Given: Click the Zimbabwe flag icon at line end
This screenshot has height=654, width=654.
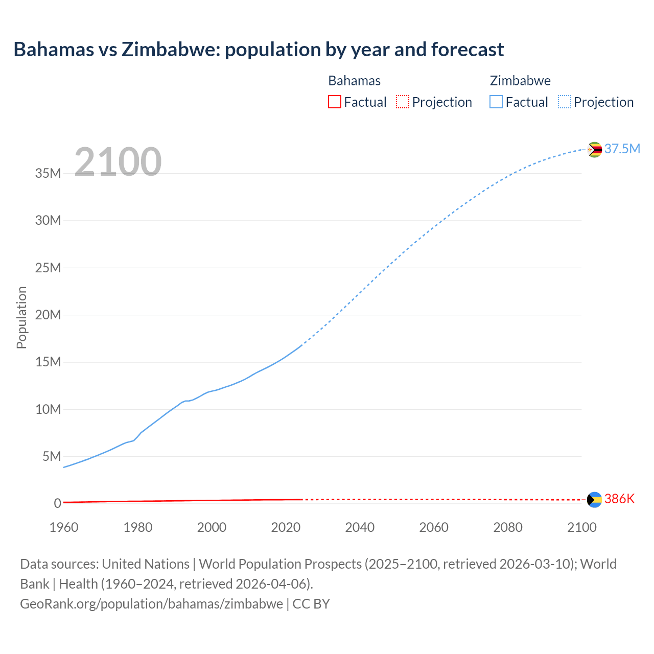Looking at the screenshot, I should point(594,150).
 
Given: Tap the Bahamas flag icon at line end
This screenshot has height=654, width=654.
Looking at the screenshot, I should point(594,500).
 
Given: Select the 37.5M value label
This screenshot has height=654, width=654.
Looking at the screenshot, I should point(622,149).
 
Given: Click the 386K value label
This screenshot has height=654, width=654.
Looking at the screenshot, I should point(619,499).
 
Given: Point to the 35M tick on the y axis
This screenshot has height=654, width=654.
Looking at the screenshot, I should point(48,173).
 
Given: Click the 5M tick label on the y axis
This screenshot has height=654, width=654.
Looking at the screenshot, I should point(52,456).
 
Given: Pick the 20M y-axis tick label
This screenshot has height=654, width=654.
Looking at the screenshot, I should point(48,315).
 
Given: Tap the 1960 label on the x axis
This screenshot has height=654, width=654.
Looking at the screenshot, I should point(64,527).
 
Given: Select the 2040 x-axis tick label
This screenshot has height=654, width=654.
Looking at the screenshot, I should point(360,527).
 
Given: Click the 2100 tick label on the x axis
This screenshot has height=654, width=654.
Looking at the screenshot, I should point(581,527).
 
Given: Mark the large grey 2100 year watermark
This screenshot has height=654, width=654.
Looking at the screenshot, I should point(118,162).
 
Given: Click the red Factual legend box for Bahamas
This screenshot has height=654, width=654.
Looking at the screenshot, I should point(335,102).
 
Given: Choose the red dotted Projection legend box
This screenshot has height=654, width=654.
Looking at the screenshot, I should point(403,102).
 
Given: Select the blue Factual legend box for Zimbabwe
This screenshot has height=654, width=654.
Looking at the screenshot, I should point(496,102).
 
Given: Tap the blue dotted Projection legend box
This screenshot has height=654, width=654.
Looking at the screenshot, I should point(564,102).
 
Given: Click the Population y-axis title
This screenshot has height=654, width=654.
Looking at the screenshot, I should point(21,317).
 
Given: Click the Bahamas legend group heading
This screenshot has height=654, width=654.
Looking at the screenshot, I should point(354,81).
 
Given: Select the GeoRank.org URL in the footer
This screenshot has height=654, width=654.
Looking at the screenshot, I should point(151,603).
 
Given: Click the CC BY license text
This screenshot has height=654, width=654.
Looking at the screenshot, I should point(311,603).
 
